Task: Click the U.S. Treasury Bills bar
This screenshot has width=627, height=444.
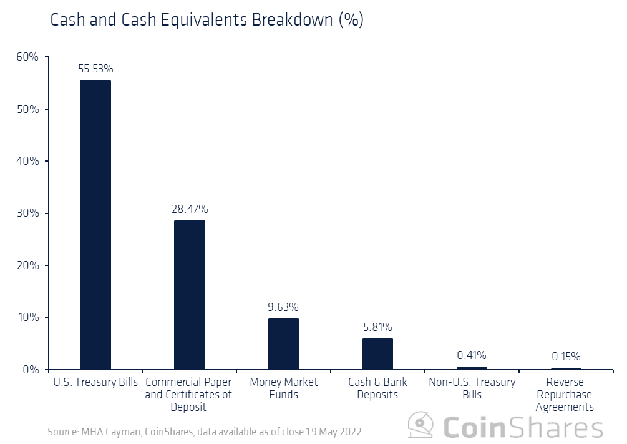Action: [95, 225]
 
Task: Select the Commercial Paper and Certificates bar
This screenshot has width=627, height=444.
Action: [189, 295]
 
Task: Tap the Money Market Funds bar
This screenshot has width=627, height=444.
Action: [283, 344]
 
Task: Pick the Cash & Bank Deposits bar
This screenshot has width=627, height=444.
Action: [377, 354]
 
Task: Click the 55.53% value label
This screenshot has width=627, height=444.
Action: [95, 69]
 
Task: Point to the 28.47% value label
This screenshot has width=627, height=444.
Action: [190, 209]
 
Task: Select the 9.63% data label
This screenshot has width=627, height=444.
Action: [283, 307]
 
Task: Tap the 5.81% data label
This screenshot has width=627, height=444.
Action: [377, 327]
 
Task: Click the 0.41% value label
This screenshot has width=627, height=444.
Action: [472, 355]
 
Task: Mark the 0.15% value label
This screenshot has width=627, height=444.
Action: [566, 357]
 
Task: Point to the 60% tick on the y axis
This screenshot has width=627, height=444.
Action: [27, 57]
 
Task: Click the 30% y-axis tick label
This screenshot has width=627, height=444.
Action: [27, 214]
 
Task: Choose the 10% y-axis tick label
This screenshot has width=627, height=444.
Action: [27, 317]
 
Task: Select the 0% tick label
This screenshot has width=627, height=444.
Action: [31, 370]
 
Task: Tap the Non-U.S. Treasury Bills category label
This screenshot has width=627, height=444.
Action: [472, 388]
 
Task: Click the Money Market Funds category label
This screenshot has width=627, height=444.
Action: [283, 388]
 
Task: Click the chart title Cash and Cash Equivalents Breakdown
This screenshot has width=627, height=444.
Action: [207, 20]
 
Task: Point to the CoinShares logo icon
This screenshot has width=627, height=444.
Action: [421, 426]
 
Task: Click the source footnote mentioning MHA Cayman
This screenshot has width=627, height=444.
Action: [204, 432]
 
